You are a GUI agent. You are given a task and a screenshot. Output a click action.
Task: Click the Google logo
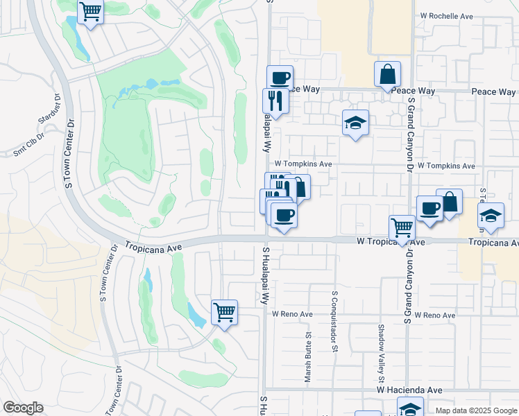click(x=23, y=408)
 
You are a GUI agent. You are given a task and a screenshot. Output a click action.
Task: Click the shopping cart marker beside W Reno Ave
click(x=224, y=312)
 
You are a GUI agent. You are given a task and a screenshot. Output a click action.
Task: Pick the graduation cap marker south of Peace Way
click(x=356, y=123)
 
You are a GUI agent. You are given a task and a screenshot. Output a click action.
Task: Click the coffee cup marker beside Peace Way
click(x=280, y=78)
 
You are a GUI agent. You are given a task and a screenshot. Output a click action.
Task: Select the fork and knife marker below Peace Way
click(x=275, y=101)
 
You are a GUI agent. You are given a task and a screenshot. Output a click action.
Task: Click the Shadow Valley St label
click(x=381, y=354)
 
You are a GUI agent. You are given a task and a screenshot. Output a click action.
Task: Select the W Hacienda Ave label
click(x=409, y=391)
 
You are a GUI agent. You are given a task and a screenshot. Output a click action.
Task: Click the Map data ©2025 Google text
click(x=475, y=410)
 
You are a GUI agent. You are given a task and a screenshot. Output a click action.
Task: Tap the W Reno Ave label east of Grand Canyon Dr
click(x=434, y=315)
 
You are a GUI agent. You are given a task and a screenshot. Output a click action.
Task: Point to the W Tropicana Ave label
click(x=391, y=242)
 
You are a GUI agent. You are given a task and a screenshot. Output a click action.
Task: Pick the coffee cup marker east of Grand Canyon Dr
click(x=429, y=208)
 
